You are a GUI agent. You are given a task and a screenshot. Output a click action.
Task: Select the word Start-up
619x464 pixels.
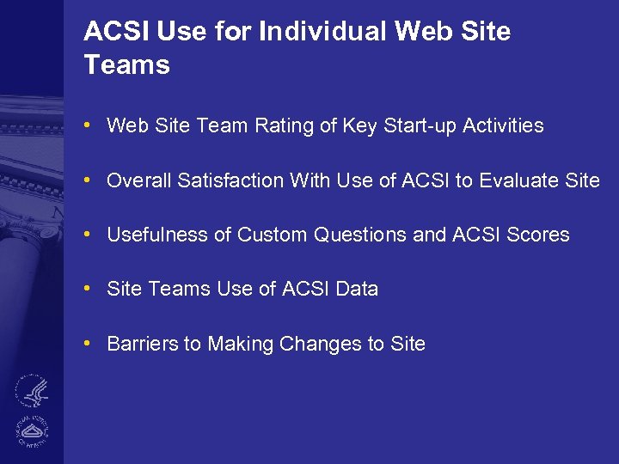[x=415, y=126]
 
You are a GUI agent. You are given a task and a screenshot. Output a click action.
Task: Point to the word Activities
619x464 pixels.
[x=503, y=126]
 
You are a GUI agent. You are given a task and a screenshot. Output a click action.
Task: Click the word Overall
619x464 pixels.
[x=138, y=180]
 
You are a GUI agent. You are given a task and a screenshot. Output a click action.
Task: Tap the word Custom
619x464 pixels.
[x=271, y=235]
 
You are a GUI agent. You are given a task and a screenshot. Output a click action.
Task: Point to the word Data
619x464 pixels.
[x=357, y=290]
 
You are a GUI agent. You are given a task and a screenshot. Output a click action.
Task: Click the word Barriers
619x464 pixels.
[x=142, y=345]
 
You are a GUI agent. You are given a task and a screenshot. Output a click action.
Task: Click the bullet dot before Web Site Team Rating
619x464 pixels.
[x=89, y=126]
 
